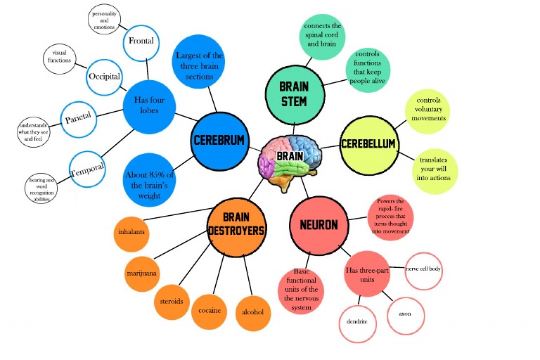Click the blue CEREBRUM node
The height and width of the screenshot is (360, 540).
click(219, 141)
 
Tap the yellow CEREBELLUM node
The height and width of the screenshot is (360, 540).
click(368, 144)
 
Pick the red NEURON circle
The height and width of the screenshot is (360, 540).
click(318, 225)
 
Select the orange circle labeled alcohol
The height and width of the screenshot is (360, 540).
click(252, 311)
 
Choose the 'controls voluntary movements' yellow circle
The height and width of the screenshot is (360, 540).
click(427, 110)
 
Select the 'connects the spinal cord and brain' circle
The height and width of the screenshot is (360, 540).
click(322, 35)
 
